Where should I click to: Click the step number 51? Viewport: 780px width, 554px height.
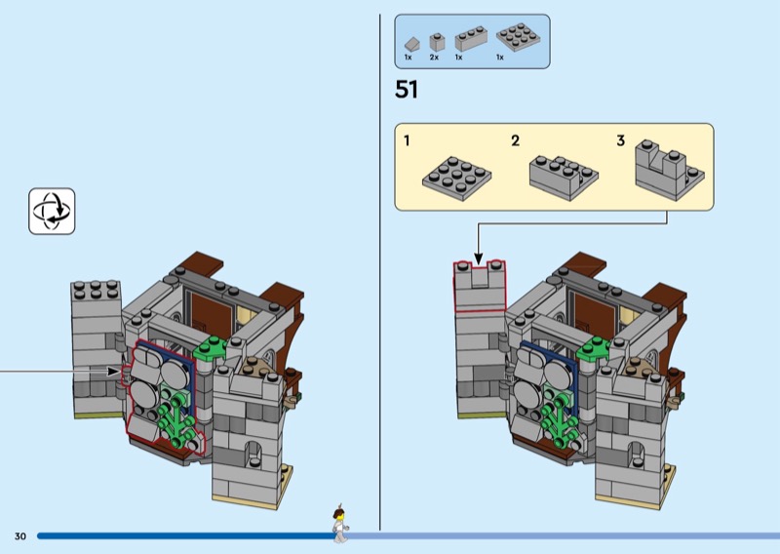(406, 90)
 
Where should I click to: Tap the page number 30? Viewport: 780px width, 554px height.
(20, 536)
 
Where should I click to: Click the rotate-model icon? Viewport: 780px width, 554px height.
(52, 211)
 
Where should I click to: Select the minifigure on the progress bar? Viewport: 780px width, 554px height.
(340, 523)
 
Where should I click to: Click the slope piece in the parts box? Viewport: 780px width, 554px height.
(411, 44)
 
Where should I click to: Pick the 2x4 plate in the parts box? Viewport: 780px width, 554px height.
(518, 37)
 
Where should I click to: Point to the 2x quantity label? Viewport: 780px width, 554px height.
(434, 58)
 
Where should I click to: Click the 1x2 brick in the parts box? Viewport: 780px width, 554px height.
(471, 39)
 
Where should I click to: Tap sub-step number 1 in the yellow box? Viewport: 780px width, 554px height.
(407, 140)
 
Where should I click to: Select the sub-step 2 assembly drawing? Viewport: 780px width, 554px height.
(564, 178)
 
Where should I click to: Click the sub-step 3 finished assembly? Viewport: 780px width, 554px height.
(669, 170)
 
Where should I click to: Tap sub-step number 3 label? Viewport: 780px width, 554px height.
(620, 140)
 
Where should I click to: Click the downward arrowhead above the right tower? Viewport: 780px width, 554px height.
(478, 258)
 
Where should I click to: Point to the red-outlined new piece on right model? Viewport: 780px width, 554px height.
(479, 287)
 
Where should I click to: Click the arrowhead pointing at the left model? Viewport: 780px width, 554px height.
(114, 372)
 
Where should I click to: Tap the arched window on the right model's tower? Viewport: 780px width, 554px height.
(638, 455)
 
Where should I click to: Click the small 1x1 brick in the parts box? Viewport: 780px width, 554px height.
(437, 42)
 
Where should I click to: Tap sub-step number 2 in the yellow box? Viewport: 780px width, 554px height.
(516, 140)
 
